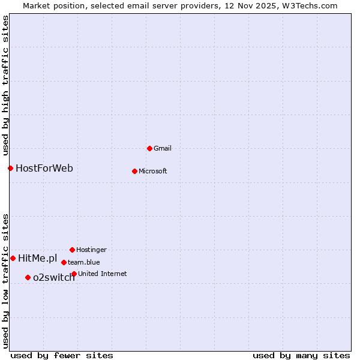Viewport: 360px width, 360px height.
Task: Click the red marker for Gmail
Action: click(149, 148)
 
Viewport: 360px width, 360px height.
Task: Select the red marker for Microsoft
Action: click(134, 171)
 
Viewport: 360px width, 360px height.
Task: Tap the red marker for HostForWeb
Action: click(10, 168)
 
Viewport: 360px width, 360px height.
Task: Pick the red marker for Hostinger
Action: click(72, 250)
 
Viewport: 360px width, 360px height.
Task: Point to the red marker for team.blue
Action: click(64, 262)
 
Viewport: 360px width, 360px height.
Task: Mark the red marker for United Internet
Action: click(74, 274)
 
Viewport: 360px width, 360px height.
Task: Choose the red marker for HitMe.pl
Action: click(13, 258)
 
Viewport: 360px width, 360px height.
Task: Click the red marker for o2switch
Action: click(28, 277)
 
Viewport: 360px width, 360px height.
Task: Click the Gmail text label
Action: click(163, 148)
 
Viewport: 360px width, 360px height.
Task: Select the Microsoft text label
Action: click(153, 171)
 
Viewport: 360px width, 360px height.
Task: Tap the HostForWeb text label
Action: click(44, 168)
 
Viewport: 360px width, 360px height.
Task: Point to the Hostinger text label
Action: click(91, 250)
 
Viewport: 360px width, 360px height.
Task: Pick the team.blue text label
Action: click(84, 262)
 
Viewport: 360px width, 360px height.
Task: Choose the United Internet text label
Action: click(102, 274)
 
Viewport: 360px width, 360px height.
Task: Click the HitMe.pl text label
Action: click(38, 259)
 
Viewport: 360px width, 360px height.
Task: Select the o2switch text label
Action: click(54, 277)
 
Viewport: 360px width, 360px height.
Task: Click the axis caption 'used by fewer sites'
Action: click(62, 355)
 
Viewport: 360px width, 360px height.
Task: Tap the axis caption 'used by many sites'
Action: click(301, 355)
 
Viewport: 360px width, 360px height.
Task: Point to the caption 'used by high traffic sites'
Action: click(5, 83)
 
